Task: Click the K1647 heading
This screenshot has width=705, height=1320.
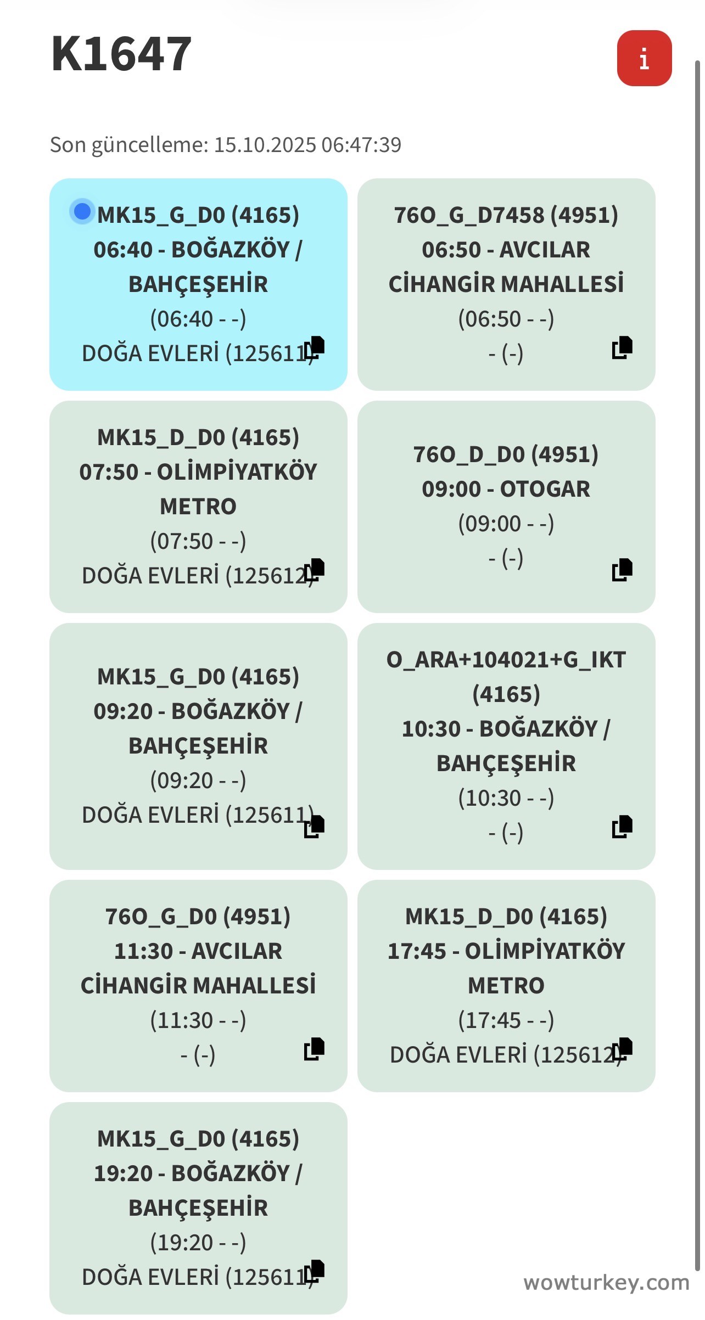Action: [121, 54]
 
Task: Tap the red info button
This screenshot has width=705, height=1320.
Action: [644, 58]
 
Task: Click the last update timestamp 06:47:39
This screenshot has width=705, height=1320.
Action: [361, 145]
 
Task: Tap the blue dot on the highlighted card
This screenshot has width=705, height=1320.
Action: [82, 211]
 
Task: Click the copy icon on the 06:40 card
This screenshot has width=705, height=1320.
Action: [315, 347]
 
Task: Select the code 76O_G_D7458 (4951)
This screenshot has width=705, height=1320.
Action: [506, 215]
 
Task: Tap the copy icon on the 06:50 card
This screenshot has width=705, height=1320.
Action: [622, 347]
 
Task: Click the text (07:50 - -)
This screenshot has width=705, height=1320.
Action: [198, 541]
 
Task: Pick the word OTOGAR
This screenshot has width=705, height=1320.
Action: [545, 489]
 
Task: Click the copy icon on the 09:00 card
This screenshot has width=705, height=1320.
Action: [622, 570]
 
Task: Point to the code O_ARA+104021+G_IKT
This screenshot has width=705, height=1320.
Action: [506, 660]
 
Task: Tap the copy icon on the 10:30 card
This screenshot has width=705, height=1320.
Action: [622, 827]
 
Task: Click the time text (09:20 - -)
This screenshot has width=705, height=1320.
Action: [198, 780]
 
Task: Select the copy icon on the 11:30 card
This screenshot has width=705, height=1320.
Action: [315, 1049]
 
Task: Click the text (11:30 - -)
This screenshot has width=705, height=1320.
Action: [198, 1020]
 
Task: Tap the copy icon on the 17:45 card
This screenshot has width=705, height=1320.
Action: [623, 1049]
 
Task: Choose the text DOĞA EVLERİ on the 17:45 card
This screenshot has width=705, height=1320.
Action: [458, 1055]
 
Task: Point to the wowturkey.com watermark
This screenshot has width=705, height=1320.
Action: [606, 1283]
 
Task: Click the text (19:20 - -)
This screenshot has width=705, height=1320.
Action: [198, 1243]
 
